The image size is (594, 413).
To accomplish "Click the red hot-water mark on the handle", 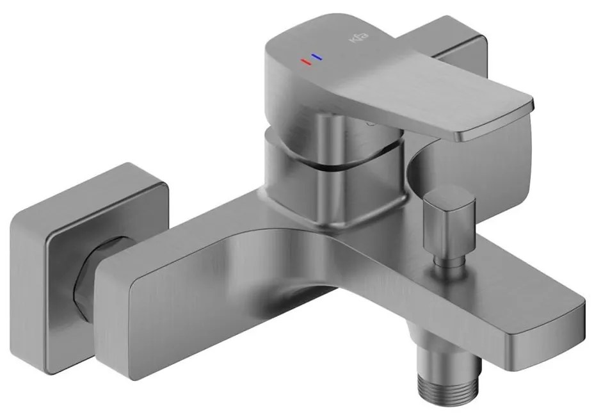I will click(304, 62).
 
